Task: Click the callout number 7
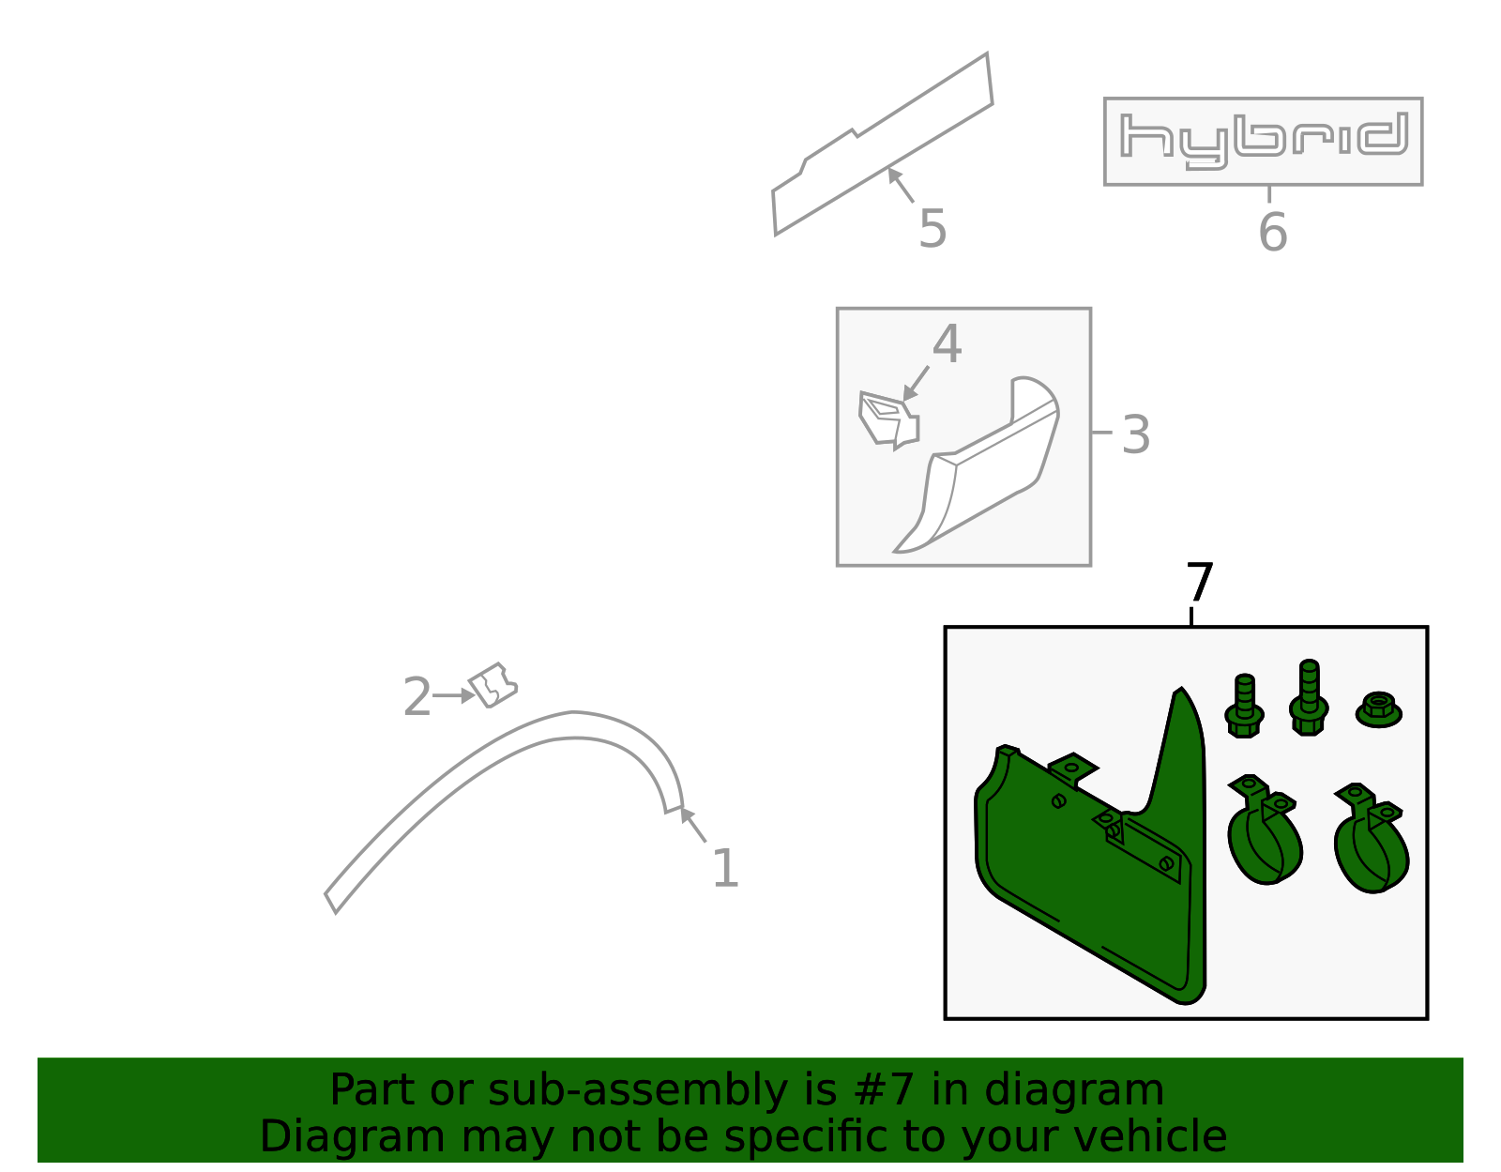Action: (x=1200, y=582)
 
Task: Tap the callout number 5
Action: (x=932, y=229)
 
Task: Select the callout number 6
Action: (x=1273, y=232)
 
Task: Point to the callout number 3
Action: (x=1136, y=435)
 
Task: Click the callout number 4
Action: (x=947, y=344)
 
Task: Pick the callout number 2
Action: (x=417, y=697)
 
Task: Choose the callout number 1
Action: (x=725, y=868)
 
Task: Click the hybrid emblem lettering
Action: (x=1264, y=141)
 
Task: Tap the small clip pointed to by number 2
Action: (x=493, y=685)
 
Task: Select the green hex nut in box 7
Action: (x=1379, y=710)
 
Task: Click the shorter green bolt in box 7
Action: (x=1244, y=706)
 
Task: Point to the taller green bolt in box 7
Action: (x=1309, y=697)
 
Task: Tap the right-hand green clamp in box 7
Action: (x=1372, y=838)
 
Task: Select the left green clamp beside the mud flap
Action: (x=1265, y=830)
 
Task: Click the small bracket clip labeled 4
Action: (x=888, y=420)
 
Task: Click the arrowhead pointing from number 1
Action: (x=686, y=814)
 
